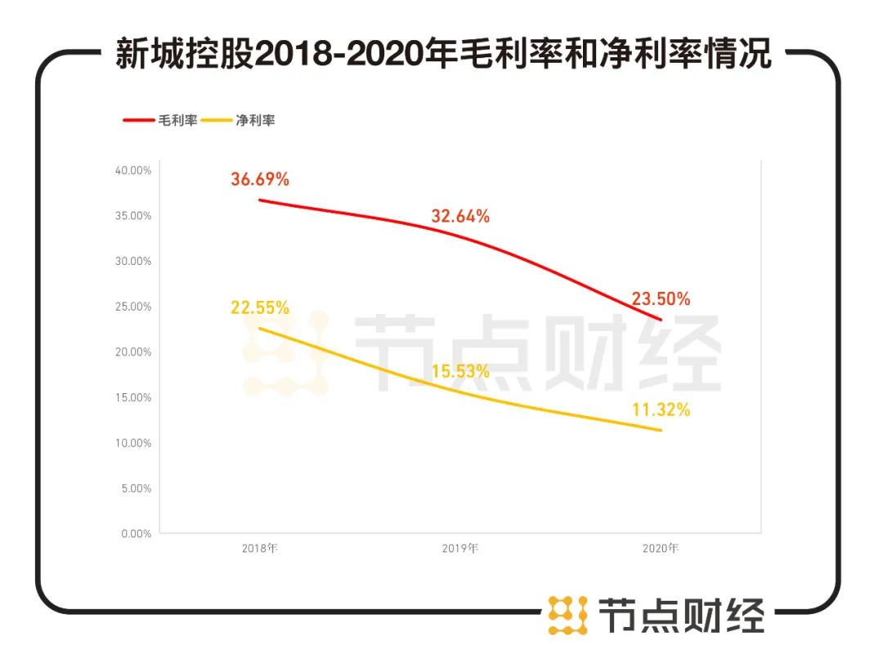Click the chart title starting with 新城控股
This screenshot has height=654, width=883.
[442, 55]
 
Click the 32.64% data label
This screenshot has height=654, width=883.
[460, 217]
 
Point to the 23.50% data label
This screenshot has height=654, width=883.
[661, 299]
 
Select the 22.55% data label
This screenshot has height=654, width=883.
[260, 308]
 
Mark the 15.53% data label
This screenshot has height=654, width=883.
[460, 372]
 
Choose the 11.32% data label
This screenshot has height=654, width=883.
[661, 410]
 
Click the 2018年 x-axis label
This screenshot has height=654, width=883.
[260, 549]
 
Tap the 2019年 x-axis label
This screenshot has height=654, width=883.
[460, 549]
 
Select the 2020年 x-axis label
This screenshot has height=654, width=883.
[661, 549]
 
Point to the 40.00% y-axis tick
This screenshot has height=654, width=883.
[133, 170]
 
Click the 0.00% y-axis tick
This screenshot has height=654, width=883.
[136, 534]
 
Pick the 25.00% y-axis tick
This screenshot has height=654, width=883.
[133, 307]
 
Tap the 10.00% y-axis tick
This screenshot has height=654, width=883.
[133, 443]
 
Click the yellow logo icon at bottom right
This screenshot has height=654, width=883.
[567, 615]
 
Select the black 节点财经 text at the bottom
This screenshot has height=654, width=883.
[681, 615]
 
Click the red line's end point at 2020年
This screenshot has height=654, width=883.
[661, 319]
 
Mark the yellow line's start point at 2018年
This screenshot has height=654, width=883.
[260, 329]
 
